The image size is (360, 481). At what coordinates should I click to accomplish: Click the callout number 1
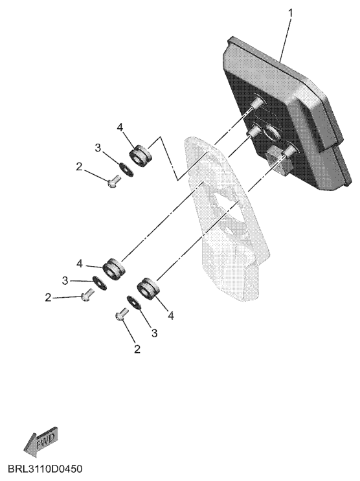click(x=290, y=14)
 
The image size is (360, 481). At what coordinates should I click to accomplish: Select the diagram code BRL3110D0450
click(x=45, y=469)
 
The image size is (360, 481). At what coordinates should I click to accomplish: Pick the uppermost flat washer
click(x=126, y=170)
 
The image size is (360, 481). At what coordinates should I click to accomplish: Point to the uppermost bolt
click(x=113, y=181)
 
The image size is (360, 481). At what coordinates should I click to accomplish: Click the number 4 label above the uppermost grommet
click(x=120, y=127)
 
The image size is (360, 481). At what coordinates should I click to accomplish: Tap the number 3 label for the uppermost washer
click(x=98, y=148)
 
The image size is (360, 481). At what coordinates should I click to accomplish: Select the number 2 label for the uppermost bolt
click(x=79, y=167)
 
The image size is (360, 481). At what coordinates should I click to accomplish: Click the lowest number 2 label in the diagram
click(x=137, y=349)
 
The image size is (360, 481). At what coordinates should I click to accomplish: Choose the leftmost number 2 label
click(x=48, y=298)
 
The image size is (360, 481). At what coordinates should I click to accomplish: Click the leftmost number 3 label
click(x=65, y=280)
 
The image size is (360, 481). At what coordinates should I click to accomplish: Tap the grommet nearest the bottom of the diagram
click(x=148, y=289)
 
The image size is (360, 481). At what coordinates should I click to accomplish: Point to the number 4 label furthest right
click(x=171, y=315)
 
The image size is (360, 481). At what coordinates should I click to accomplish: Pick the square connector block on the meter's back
click(x=278, y=160)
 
